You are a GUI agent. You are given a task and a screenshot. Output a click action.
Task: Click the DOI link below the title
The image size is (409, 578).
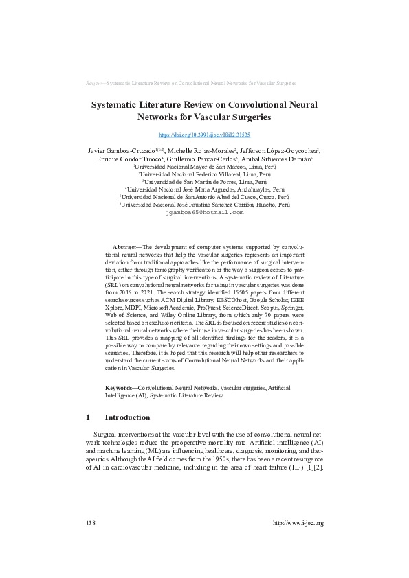coord(204,135)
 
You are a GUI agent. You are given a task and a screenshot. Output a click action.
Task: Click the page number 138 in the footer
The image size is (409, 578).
coord(90,523)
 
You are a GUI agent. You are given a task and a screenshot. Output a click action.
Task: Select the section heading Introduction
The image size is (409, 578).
coord(126,417)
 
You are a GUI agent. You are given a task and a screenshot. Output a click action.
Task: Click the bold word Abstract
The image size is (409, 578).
coord(125,246)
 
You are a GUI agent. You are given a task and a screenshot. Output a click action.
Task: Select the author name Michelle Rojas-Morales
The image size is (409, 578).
coord(204,150)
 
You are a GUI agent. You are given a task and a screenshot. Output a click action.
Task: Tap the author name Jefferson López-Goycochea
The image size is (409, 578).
coord(286,150)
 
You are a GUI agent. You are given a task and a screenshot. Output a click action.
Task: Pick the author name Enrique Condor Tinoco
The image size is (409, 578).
coord(133,159)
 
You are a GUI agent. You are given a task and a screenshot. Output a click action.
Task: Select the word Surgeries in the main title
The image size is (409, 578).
coord(229,117)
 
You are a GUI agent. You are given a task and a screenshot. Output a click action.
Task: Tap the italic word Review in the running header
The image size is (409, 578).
coord(94,82)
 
